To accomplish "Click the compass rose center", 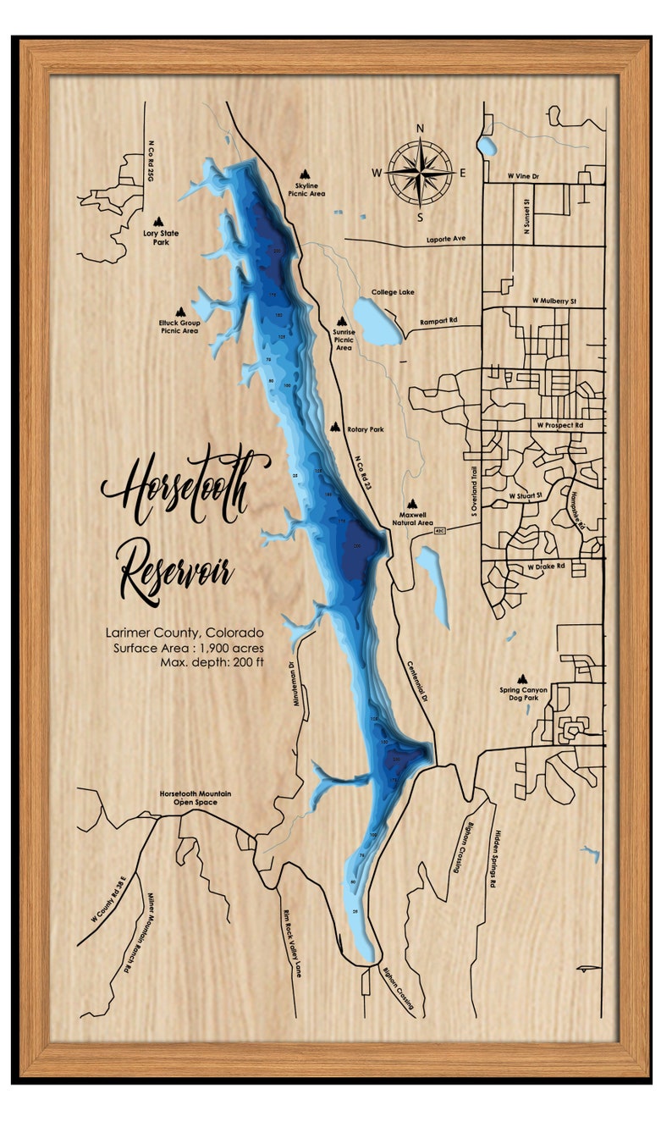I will click(420, 172).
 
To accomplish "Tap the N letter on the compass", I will click(420, 130).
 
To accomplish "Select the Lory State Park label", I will click(160, 237).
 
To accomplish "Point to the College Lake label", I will click(393, 292).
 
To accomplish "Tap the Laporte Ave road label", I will click(447, 239).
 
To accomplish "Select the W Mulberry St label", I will click(554, 301).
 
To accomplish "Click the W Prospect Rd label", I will click(559, 424).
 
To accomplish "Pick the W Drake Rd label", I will click(546, 566).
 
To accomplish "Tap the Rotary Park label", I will click(365, 429).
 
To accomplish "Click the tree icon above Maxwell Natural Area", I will click(412, 503).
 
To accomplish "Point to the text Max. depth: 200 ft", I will click(212, 661).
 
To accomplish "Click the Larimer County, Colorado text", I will click(184, 633).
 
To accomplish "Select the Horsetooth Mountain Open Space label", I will click(195, 799).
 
